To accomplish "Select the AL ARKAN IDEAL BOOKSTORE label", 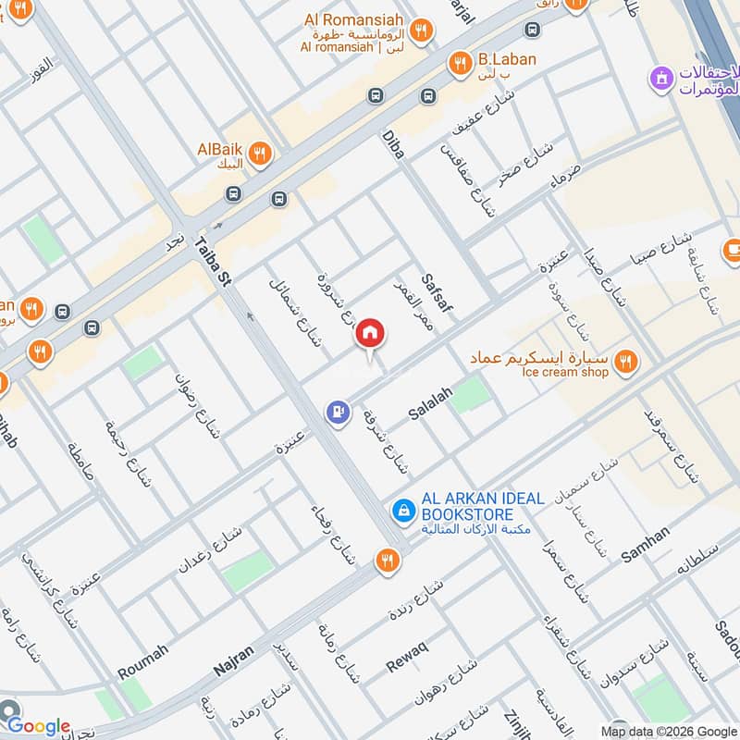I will (482, 506).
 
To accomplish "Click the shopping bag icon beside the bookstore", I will (403, 509).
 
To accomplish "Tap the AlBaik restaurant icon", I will (260, 152).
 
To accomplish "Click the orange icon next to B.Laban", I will (459, 63).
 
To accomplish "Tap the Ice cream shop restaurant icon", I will (627, 362).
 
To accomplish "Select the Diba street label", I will (393, 144).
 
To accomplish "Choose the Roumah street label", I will (142, 662).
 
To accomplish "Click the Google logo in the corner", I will (38, 726).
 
